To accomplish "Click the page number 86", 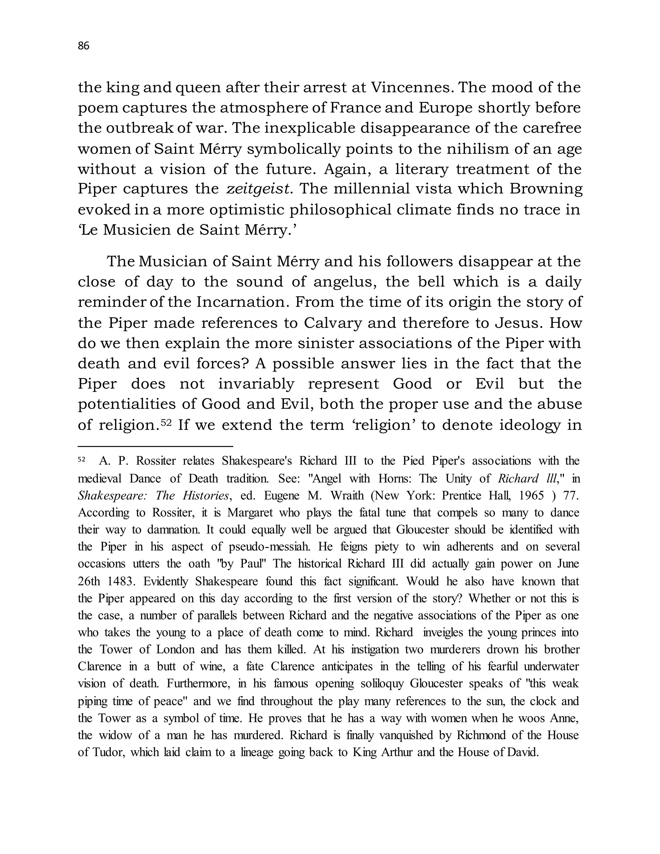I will [84, 46].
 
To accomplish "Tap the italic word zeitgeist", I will [259, 189].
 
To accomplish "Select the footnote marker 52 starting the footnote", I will [82, 460].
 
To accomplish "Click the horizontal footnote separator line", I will [155, 446].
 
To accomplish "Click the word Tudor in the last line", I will [108, 753].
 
